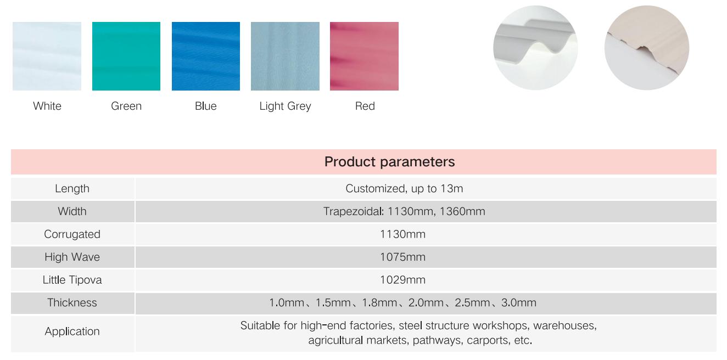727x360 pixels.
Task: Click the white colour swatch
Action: tap(47, 56)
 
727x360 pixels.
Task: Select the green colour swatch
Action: tap(126, 56)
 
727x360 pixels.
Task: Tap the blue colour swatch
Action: tap(206, 56)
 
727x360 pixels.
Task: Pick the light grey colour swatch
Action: tap(285, 56)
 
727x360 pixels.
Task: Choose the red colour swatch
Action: tap(364, 56)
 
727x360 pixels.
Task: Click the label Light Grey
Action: tap(285, 106)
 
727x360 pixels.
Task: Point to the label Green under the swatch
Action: tap(126, 106)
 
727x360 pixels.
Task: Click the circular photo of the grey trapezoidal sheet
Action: tap(535, 48)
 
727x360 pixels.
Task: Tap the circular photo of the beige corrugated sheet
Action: tap(646, 48)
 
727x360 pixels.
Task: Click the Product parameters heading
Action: tap(389, 162)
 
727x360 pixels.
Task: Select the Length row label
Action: tap(72, 189)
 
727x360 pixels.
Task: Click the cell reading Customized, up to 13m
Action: tap(404, 189)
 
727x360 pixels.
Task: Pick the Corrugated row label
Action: tap(72, 234)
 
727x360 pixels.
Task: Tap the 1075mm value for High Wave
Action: tap(402, 257)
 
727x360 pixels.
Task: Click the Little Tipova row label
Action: tap(72, 280)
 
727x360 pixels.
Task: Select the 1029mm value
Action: tap(402, 280)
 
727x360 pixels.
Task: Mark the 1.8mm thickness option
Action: tap(379, 303)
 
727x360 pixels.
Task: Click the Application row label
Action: tap(72, 331)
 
